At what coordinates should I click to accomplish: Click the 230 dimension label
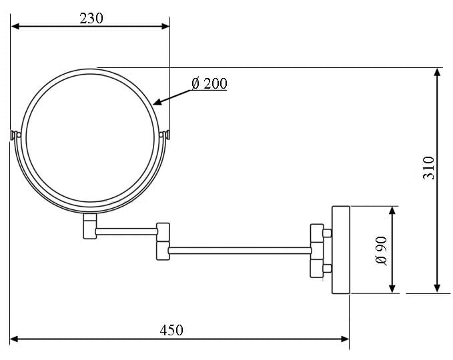[x=91, y=18]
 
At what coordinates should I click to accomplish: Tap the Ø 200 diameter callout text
[x=209, y=84]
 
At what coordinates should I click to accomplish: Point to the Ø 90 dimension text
[x=382, y=250]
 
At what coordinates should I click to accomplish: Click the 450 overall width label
[x=171, y=329]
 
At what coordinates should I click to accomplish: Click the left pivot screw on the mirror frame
[x=15, y=135]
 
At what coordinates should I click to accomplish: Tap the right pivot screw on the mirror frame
[x=166, y=135]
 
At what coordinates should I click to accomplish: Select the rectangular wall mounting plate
[x=341, y=249]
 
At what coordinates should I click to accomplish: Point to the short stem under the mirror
[x=89, y=225]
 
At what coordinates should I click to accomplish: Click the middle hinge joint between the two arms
[x=163, y=241]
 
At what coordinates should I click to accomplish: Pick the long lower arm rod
[x=240, y=251]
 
